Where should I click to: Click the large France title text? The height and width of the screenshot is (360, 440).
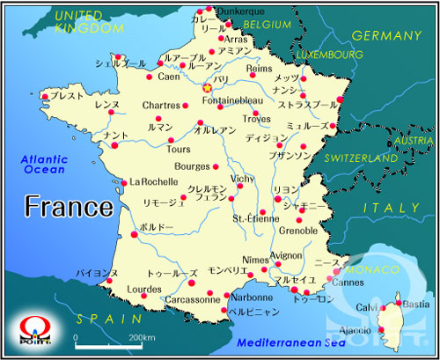(69, 207)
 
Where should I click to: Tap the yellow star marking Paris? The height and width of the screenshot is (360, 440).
(208, 87)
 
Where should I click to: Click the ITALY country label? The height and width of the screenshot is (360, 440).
(392, 207)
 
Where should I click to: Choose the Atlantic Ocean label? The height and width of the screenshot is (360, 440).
(44, 163)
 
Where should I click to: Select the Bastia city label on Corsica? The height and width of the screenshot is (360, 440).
(416, 305)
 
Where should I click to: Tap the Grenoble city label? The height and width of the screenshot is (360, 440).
(298, 231)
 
